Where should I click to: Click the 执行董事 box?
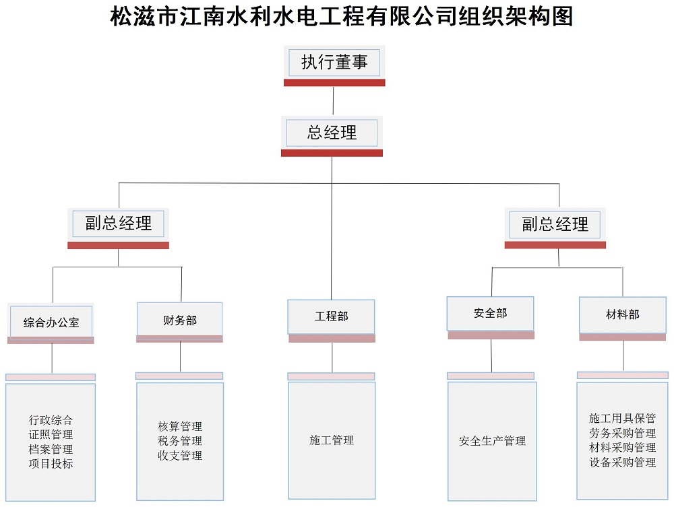334,63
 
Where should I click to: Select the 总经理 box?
332,133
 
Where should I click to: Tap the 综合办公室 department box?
51,321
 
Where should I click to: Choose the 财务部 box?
180,319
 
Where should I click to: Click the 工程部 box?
331,317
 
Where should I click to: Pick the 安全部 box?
491,313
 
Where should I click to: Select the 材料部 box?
622,314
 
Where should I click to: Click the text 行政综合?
51,419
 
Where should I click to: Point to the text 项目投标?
51,464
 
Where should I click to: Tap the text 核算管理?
180,426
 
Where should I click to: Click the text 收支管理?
180,455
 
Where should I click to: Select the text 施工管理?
332,440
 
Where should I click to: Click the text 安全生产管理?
492,441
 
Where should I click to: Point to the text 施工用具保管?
622,418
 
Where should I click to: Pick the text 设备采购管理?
622,463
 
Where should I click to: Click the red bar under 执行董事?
334,83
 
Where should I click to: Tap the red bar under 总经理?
332,154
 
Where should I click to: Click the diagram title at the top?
342,16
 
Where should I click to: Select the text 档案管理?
51,449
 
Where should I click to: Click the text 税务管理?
180,441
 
